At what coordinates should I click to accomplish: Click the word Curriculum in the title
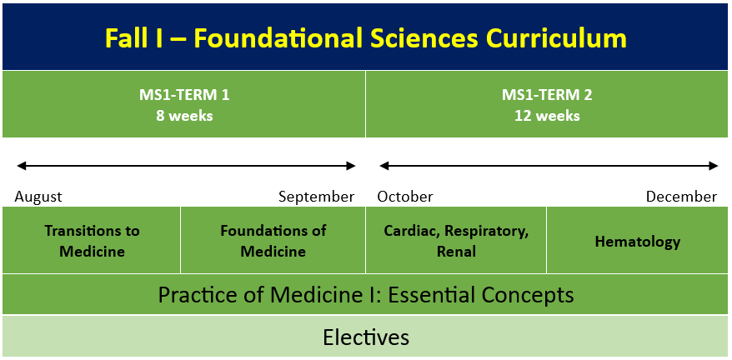[552, 37]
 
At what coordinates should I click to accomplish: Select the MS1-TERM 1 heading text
[184, 95]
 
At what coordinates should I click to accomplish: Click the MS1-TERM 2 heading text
[547, 95]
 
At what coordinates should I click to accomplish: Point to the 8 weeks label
[184, 116]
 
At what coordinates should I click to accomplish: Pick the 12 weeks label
[547, 116]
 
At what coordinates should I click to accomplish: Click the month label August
[38, 197]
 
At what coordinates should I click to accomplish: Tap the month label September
[317, 197]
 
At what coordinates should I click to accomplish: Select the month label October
[405, 197]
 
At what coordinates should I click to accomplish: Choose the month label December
[682, 197]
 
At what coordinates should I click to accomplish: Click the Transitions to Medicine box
[92, 240]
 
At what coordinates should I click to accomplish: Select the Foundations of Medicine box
[273, 240]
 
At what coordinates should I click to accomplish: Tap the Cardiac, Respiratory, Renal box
[456, 240]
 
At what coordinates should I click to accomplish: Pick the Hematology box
[637, 240]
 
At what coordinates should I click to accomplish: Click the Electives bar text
[366, 337]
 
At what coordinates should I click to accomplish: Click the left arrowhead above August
[22, 165]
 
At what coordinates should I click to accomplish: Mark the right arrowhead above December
[713, 165]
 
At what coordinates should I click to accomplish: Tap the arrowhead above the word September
[351, 165]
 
